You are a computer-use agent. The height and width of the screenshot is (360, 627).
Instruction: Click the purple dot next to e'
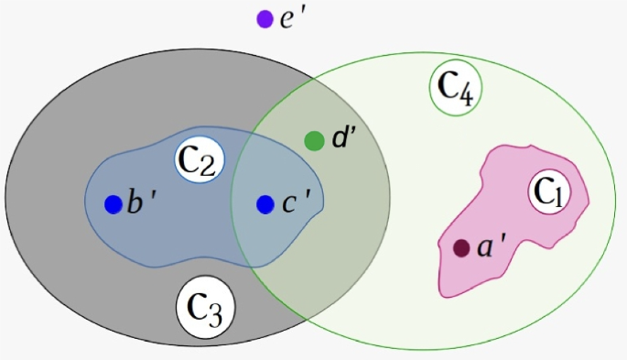265,19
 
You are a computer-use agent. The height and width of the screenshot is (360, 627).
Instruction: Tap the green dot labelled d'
314,141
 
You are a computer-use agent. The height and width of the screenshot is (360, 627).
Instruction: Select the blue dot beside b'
114,204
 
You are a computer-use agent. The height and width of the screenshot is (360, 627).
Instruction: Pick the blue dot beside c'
265,204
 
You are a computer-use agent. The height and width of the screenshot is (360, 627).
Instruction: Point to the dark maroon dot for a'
461,248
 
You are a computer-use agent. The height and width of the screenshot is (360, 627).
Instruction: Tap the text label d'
343,138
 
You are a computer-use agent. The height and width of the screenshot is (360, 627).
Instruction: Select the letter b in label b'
135,202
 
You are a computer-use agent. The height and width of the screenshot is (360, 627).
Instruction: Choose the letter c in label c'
288,204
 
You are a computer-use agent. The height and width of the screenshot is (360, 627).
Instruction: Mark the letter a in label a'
484,248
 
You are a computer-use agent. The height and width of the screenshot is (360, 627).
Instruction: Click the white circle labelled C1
549,192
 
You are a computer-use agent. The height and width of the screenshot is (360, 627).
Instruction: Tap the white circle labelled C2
200,160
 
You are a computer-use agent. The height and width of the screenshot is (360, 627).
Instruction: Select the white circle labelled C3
206,307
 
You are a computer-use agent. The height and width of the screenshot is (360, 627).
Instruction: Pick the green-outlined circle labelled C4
456,88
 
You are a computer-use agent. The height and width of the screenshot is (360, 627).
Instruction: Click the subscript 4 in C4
466,96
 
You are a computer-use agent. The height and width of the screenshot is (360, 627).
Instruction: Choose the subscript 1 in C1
558,199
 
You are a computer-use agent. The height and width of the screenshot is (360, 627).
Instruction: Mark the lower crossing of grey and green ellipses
307,320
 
